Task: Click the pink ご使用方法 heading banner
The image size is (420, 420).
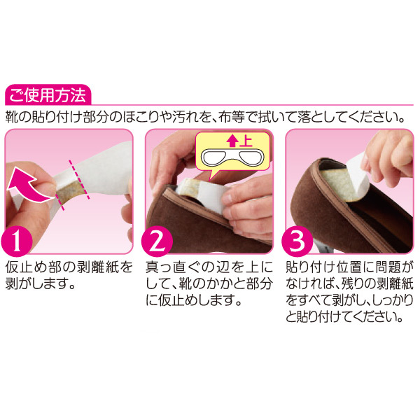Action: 48,94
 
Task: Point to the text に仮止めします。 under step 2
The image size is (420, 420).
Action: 195,301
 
